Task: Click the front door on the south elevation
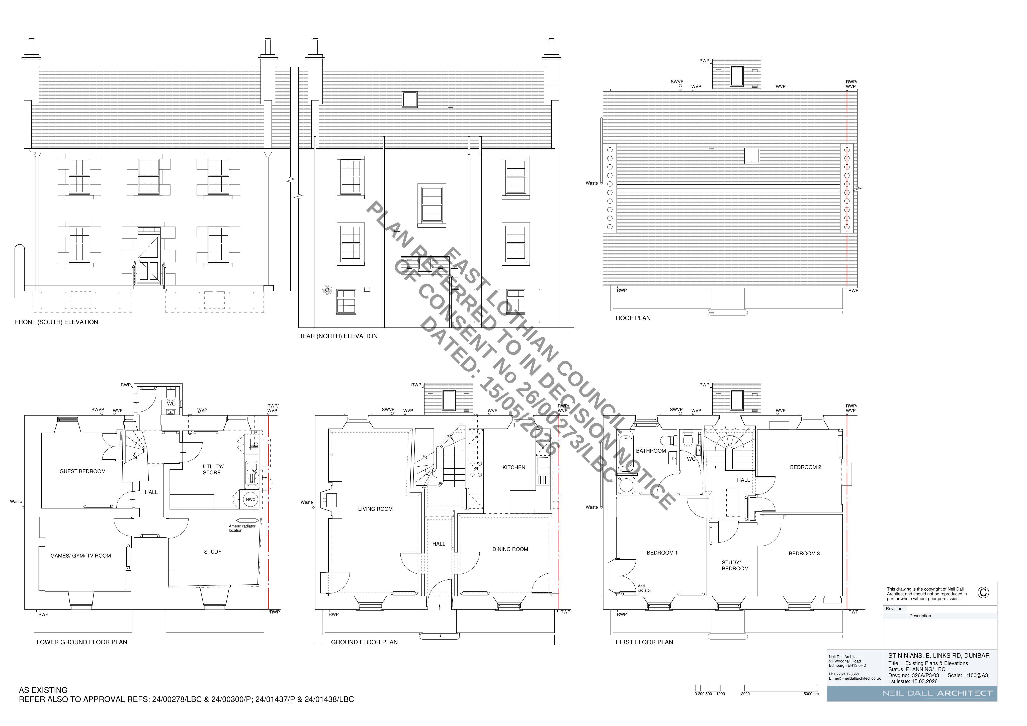(x=148, y=259)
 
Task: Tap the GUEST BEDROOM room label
(x=83, y=471)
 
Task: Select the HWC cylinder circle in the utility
(x=250, y=500)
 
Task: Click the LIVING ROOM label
(x=375, y=509)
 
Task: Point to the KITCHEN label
(x=514, y=467)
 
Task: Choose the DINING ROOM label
(x=510, y=549)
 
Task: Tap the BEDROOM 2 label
(x=806, y=467)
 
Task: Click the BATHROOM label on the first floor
(x=651, y=451)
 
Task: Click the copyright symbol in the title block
(x=983, y=592)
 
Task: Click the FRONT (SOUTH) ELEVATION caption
(x=56, y=322)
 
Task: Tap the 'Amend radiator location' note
(x=242, y=528)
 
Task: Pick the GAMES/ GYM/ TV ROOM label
(x=80, y=556)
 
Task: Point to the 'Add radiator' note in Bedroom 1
(x=644, y=588)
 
